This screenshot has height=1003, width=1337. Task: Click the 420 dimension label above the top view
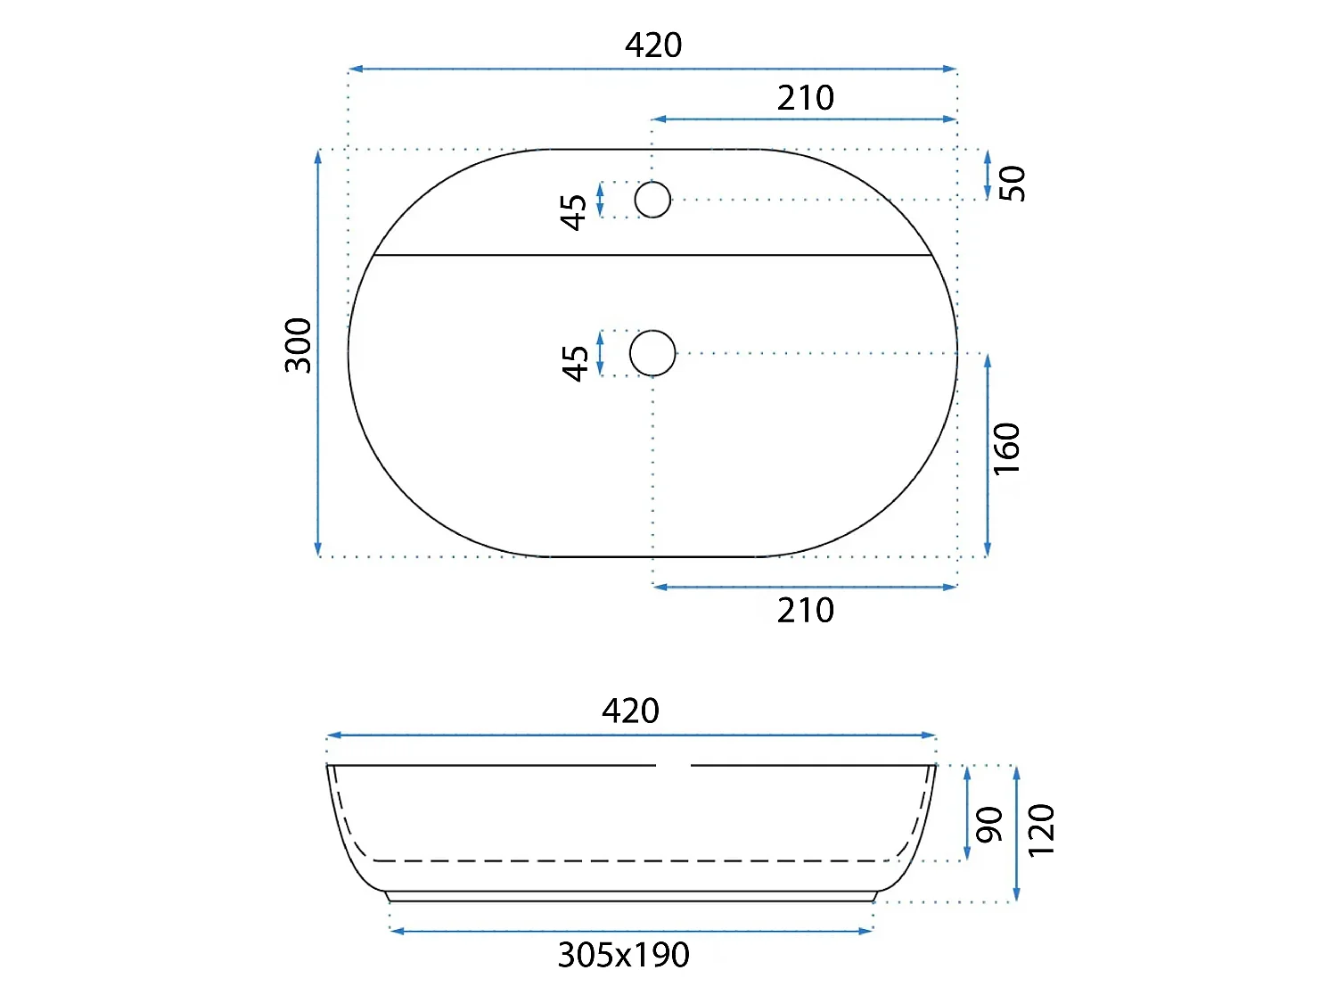653,45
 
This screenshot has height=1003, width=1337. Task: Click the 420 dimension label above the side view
630,711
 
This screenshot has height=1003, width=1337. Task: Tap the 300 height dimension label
299,345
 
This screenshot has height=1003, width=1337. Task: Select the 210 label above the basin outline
805,98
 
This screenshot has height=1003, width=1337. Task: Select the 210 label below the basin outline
805,610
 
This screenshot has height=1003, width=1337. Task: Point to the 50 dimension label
1013,184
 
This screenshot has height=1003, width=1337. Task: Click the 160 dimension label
1006,448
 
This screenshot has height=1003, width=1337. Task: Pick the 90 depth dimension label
988,826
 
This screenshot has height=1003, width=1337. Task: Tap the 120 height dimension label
1040,831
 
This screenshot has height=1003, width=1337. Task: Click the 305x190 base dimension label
624,955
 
